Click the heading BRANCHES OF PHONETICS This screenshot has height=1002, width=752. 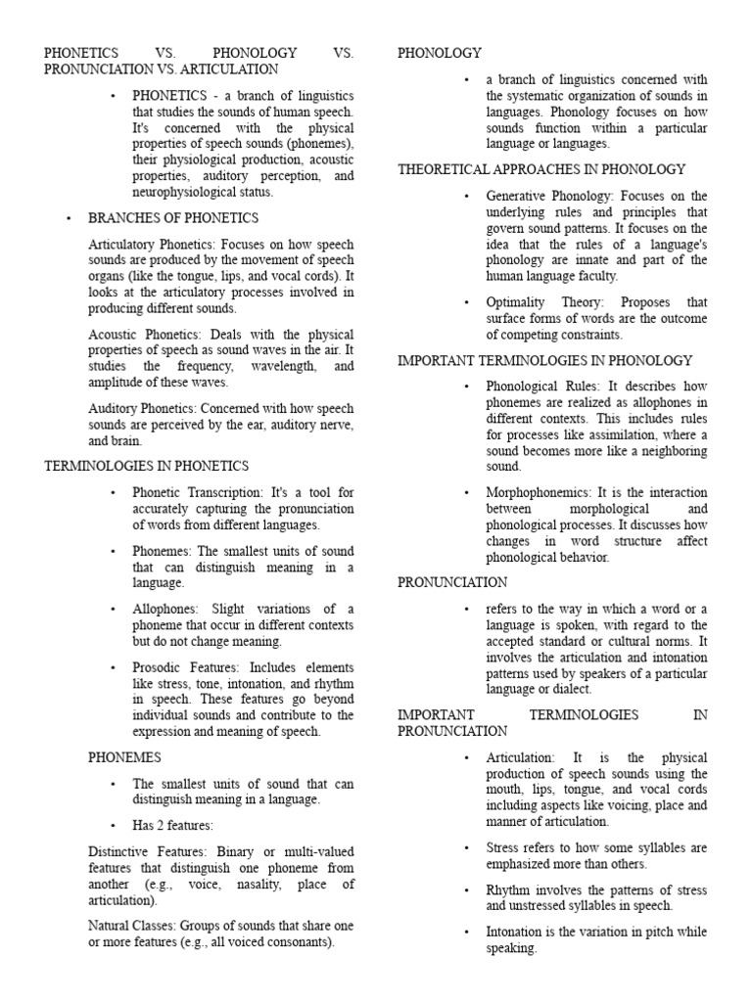173,218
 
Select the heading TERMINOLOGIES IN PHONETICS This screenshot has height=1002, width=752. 147,466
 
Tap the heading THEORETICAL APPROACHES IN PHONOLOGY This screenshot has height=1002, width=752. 541,169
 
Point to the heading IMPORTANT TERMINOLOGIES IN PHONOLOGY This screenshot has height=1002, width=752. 544,360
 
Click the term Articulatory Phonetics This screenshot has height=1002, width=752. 152,244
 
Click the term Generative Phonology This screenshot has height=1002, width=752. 540,196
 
